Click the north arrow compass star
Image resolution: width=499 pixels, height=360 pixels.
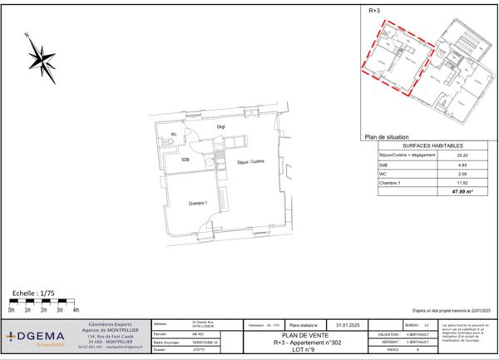click(x=41, y=57)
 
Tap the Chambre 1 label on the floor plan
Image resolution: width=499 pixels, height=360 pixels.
click(x=197, y=203)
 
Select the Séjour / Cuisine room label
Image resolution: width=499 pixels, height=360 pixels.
click(x=250, y=161)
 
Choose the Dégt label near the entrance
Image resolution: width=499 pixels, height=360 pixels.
click(x=221, y=126)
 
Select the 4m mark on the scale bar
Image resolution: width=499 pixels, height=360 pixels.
click(x=76, y=309)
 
